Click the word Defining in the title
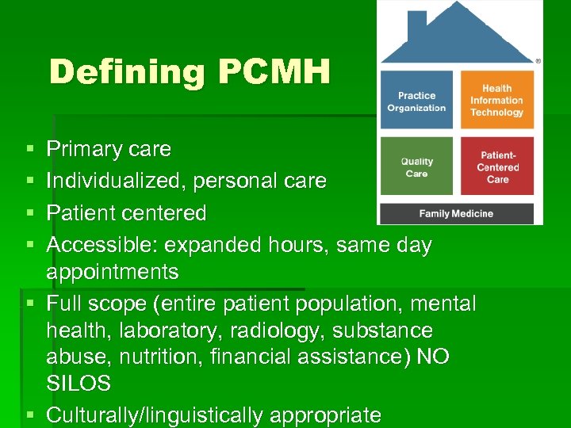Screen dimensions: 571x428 126,72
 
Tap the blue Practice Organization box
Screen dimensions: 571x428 416,101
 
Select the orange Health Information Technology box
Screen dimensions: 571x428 496,101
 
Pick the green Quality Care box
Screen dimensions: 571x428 416,167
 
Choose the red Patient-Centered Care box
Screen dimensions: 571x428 497,167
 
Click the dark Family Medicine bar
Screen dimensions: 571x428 456,213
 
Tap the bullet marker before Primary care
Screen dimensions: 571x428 29,149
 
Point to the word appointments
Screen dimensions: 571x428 113,272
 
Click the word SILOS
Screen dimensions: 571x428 79,384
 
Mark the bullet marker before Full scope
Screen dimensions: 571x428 29,303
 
